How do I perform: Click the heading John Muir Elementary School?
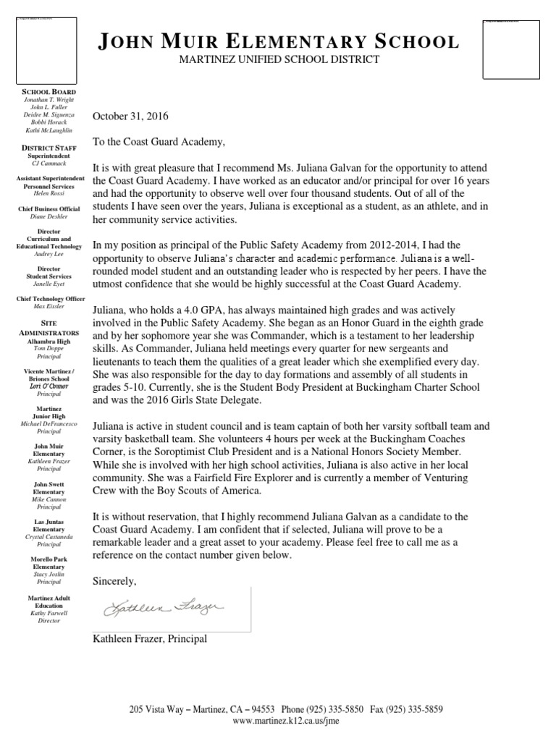(x=279, y=41)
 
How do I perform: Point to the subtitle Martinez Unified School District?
(x=279, y=59)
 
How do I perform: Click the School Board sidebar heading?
(x=49, y=93)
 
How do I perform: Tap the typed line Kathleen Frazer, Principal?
(x=150, y=638)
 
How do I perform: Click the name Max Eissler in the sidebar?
(x=49, y=306)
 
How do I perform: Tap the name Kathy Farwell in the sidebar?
(x=49, y=613)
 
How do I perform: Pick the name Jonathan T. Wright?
(x=49, y=101)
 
